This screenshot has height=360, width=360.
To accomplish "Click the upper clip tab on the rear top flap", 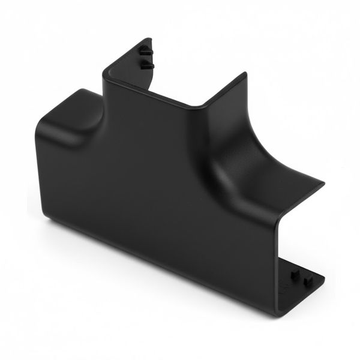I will point(145,52).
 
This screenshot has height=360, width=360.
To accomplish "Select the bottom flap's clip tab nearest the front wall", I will point(295,274).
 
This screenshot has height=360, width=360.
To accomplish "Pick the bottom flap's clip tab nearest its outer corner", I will point(308,280).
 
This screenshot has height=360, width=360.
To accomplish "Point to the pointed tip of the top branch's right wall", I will point(245,74).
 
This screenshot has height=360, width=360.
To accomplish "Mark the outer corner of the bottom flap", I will point(324,278).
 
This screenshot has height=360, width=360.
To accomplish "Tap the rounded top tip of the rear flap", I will point(151,40).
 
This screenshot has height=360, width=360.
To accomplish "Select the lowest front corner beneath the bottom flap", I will point(278,314).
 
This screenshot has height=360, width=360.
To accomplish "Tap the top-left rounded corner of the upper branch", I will point(107,70).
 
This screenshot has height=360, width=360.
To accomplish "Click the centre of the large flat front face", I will point(162,198).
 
